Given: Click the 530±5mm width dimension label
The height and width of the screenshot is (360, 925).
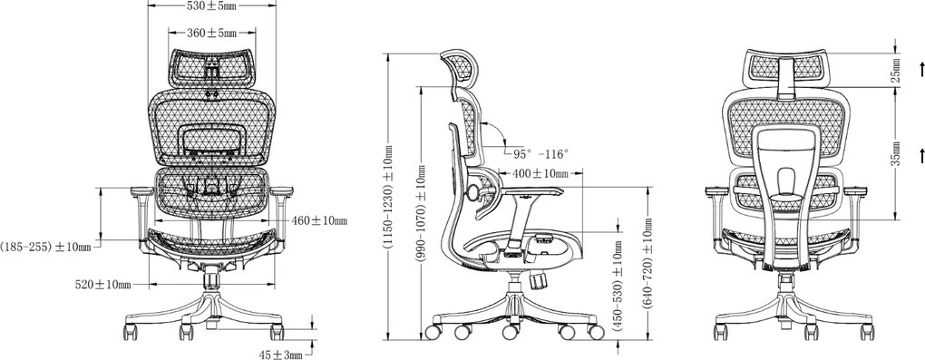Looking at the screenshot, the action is pos(211,6).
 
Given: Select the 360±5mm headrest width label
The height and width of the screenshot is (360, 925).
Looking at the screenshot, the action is pos(212,33).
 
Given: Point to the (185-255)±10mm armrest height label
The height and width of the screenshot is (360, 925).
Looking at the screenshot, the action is pos(45,247).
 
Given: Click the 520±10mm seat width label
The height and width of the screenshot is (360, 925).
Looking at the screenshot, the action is pos(102,285).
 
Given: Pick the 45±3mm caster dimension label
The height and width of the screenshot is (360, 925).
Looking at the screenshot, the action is pos(281,354).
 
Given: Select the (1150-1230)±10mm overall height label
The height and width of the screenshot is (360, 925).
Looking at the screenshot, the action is pos(390,198).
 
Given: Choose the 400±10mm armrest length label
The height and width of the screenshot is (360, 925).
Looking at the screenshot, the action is pos(540,173).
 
